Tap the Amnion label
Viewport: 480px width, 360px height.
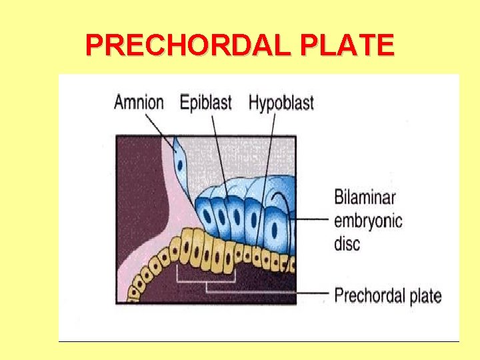pyautogui.click(x=139, y=103)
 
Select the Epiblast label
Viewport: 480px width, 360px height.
pyautogui.click(x=205, y=103)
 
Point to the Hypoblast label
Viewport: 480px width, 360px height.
pyautogui.click(x=281, y=103)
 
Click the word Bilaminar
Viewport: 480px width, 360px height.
pyautogui.click(x=365, y=198)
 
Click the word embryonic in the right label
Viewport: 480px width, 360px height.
pyautogui.click(x=368, y=220)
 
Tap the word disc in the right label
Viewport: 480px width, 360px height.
pyautogui.click(x=347, y=242)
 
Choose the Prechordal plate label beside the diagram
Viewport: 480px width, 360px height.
pyautogui.click(x=387, y=295)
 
